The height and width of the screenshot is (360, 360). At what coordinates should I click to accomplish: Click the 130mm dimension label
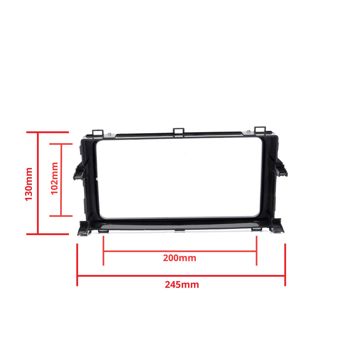coord(29,184)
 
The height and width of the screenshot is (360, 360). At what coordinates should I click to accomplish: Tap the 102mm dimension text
coord(55,179)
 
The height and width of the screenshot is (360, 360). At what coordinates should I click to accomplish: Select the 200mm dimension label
coord(179,258)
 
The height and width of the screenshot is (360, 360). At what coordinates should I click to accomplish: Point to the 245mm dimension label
coord(182,285)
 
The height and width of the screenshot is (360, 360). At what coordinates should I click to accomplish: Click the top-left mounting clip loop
coord(98,133)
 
